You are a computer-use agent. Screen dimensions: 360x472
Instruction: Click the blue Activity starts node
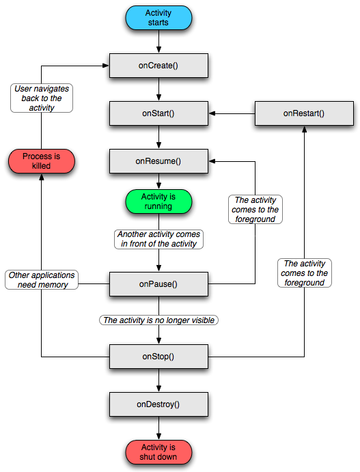(158, 18)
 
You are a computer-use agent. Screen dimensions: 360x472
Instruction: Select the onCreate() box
(158, 66)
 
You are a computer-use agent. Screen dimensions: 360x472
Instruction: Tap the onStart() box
(158, 113)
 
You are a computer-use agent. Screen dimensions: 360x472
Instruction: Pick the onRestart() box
(304, 113)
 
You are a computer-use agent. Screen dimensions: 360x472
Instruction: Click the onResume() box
(158, 161)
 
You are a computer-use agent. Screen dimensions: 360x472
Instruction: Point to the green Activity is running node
(158, 202)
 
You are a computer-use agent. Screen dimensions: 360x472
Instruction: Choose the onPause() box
(158, 284)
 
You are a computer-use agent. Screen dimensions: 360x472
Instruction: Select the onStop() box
(158, 357)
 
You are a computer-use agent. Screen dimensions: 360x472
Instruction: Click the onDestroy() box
(158, 404)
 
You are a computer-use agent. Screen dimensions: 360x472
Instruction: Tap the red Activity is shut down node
(158, 452)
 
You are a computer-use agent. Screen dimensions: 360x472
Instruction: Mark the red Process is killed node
(42, 161)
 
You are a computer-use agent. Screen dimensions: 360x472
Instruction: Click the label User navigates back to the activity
(42, 98)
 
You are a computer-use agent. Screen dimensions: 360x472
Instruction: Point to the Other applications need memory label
(42, 279)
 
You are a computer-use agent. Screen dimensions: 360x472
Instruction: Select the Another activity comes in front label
(158, 239)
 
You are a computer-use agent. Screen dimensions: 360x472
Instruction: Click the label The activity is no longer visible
(158, 320)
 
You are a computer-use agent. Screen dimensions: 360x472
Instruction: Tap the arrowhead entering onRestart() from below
(304, 129)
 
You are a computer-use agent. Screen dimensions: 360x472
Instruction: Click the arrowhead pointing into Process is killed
(42, 178)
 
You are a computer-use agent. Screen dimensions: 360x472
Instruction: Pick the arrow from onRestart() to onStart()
(232, 113)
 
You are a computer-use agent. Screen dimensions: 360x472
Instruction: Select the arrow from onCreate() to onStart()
(158, 89)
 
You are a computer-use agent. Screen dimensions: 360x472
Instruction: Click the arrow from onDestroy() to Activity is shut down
(158, 428)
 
